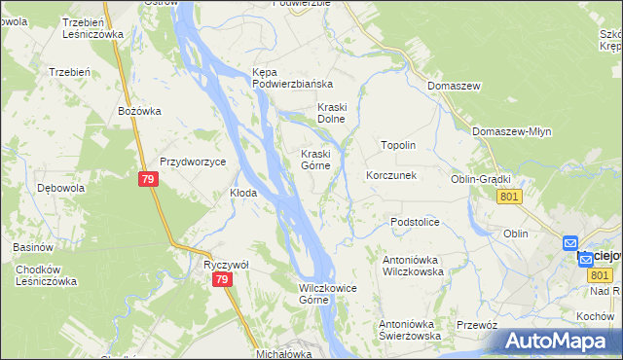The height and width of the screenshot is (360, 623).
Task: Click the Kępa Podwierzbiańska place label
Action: tap(292, 78)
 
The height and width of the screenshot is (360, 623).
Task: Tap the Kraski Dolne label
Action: tap(332, 113)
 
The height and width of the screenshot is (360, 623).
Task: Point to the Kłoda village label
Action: tap(242, 193)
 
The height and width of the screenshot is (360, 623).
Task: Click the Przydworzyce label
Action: tap(193, 162)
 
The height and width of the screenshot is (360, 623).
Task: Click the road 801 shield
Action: tap(509, 197)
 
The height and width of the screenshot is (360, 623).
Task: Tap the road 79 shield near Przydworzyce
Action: tap(147, 180)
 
